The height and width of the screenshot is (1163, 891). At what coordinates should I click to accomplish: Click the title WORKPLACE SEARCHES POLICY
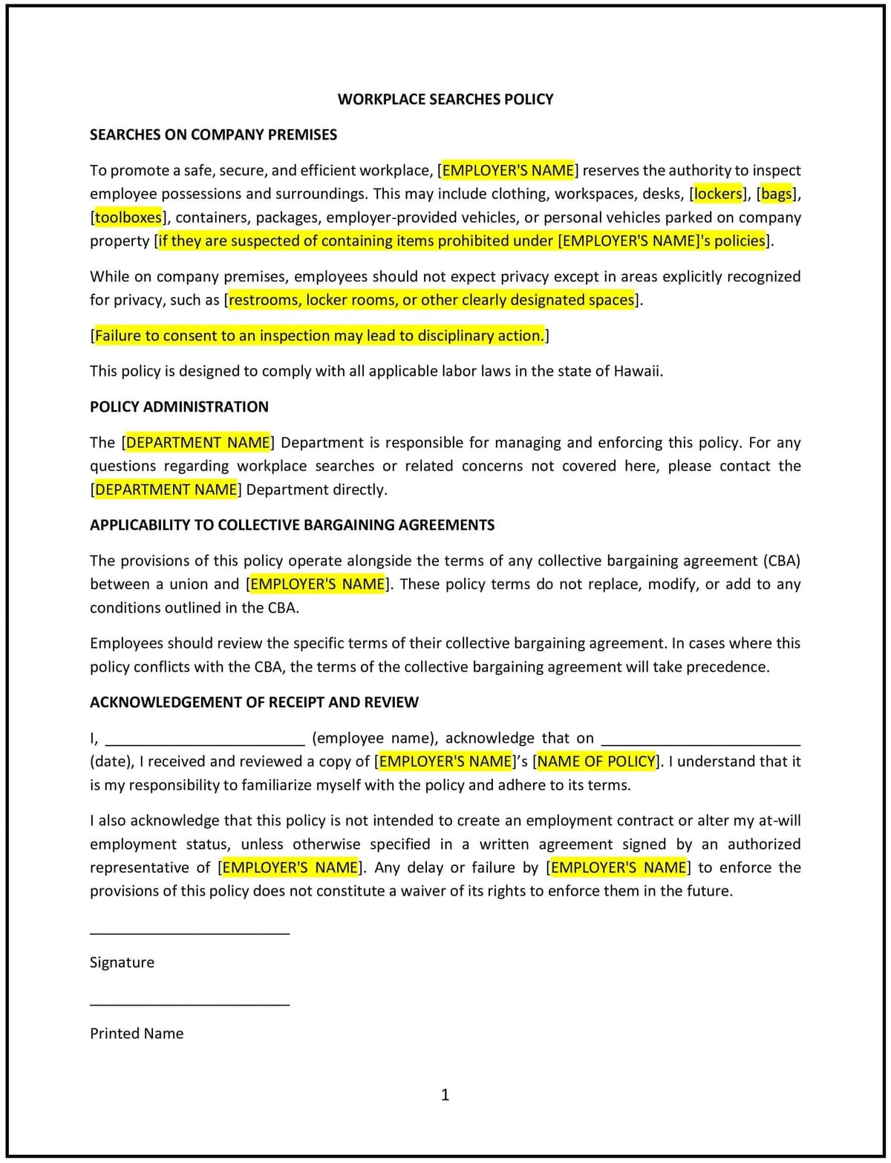446,99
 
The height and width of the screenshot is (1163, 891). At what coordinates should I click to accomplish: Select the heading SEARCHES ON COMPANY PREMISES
213,134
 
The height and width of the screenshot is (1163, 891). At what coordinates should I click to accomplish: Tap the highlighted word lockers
718,194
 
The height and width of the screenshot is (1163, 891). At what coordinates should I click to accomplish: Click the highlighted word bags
777,194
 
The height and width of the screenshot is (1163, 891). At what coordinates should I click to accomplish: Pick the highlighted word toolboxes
128,218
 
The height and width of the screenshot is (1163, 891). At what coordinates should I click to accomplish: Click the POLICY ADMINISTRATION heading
179,407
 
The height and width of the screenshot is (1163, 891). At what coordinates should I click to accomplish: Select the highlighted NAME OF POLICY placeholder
597,761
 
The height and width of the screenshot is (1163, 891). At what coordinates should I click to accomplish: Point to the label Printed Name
137,1033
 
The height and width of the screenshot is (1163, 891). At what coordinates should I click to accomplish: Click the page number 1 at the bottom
446,1095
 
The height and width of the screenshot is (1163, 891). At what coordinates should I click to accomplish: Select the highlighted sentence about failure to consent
319,336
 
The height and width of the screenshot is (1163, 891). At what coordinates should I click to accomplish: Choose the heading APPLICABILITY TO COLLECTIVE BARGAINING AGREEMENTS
292,525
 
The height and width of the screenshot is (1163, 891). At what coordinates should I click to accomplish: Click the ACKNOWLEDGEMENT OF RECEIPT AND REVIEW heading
254,703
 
